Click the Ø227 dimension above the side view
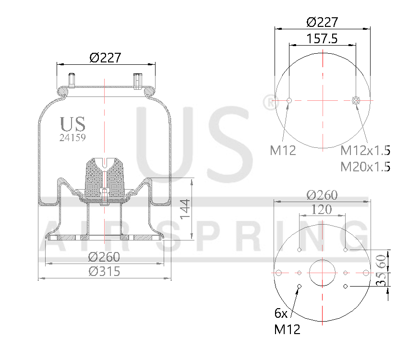pos(105,58)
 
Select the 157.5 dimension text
pos(322,39)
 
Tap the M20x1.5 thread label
pos(365,167)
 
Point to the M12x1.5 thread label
pos(365,151)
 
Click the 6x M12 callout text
pos(287,322)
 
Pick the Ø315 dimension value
pos(105,271)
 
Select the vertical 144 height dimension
pos(186,208)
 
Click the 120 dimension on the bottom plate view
pos(322,209)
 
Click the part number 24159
pos(72,137)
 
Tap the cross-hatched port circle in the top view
pos(356,100)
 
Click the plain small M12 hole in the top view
pos(289,100)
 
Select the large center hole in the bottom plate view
pos(322,273)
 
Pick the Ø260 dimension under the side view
pos(105,257)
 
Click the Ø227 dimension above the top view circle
pos(322,22)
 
